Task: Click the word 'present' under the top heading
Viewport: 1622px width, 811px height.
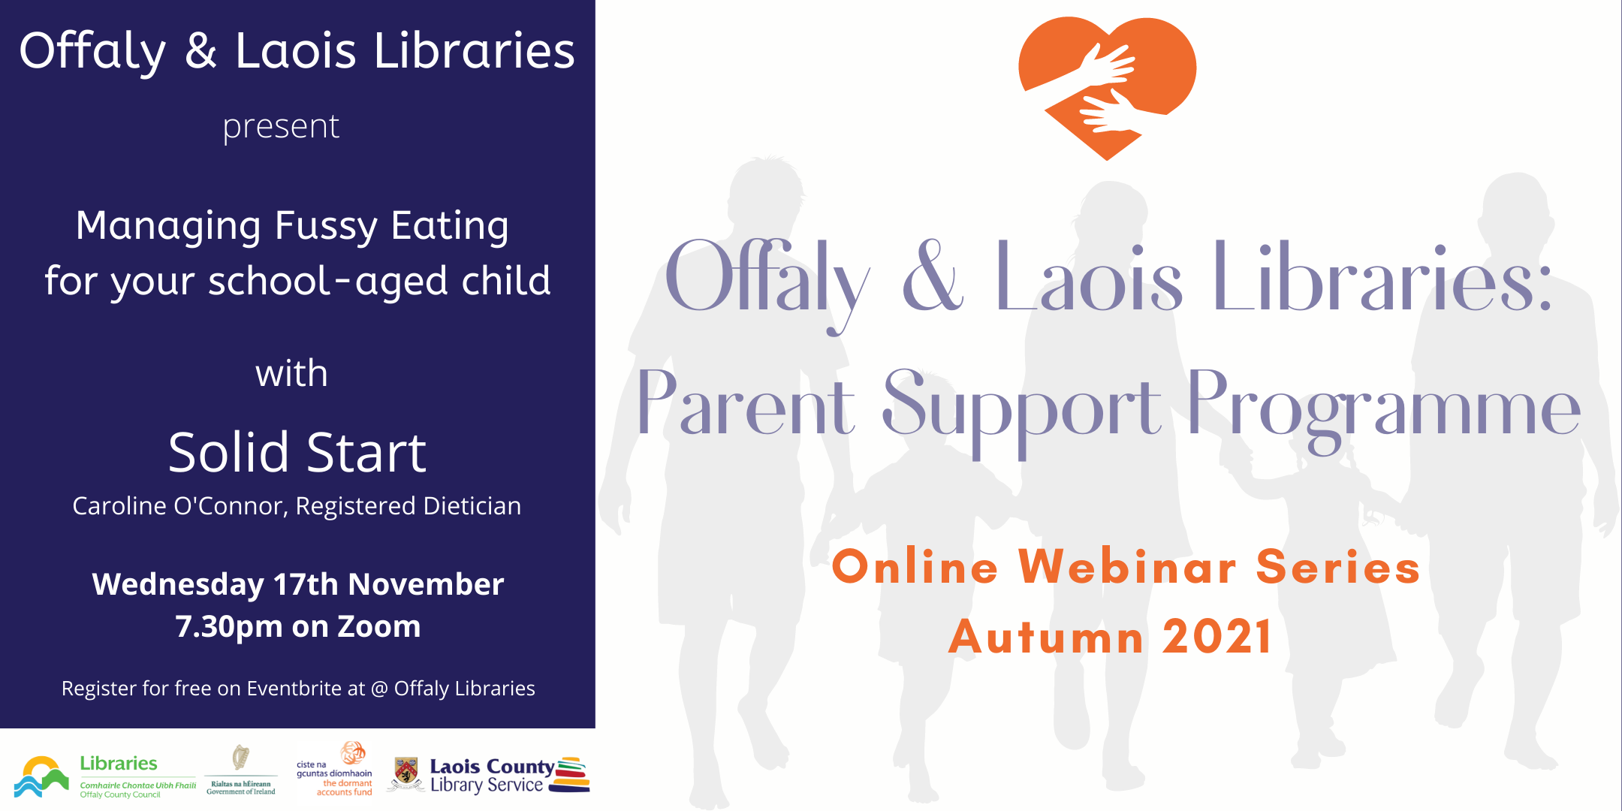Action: (x=281, y=127)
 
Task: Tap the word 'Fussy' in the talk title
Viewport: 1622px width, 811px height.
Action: (x=326, y=227)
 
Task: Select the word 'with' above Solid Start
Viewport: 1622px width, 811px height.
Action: (x=291, y=373)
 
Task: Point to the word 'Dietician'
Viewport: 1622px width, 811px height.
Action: (x=472, y=506)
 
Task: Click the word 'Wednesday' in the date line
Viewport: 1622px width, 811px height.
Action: (x=178, y=584)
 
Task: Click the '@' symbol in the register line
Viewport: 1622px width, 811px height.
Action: (x=379, y=689)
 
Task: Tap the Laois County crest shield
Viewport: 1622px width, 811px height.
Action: (x=406, y=771)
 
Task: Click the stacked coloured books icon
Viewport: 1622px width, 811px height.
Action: (x=570, y=775)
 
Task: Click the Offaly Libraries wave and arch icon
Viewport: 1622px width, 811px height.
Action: (x=41, y=776)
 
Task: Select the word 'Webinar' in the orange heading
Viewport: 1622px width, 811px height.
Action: (x=1127, y=566)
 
